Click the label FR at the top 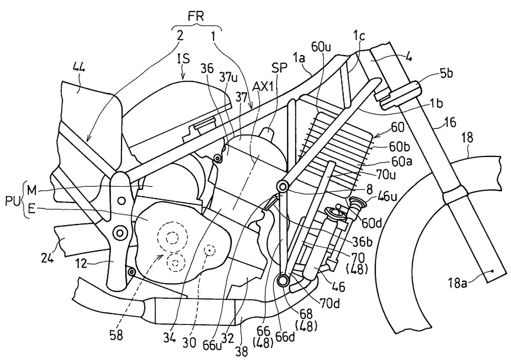point(196,17)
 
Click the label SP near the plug point(279,67)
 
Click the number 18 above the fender point(468,137)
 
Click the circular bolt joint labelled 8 point(283,186)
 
